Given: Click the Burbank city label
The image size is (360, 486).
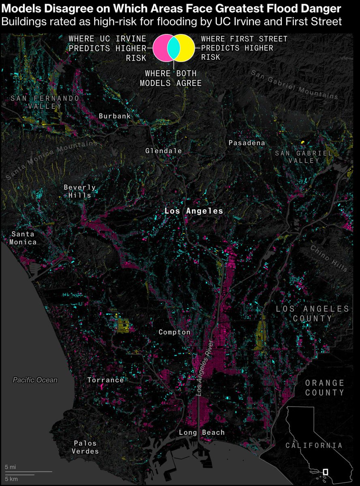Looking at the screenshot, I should tap(115, 116).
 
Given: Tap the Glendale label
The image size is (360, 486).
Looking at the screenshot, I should tap(163, 151).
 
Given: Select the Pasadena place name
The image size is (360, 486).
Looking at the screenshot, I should tap(246, 143).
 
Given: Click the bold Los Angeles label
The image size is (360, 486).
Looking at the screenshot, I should tap(193, 211).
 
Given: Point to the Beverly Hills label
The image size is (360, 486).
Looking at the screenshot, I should tap(79, 191).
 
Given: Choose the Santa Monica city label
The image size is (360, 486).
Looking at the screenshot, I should tap(24, 238).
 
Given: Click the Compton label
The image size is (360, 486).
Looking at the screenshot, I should tap(174, 332).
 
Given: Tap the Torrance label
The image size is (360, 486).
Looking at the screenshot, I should tap(105, 380).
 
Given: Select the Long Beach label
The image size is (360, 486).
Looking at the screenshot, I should tap(201, 433).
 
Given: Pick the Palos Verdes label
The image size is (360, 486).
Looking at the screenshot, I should tap(86, 447).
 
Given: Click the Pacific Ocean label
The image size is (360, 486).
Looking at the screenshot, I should tap(35, 380).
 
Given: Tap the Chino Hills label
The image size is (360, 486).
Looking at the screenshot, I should tap(329, 258).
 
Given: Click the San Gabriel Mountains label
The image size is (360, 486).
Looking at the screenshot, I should tap(294, 85).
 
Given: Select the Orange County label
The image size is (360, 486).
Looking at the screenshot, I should tap(324, 388).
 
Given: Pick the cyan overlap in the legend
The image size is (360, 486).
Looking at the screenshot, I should tap(174, 48).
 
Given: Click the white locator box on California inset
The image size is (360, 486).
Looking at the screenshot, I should tap(325, 472).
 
